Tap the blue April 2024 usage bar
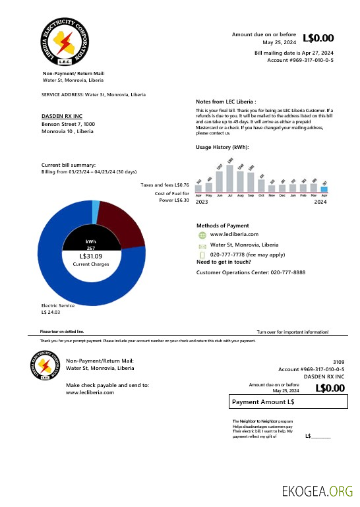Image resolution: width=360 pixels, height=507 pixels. click(x=324, y=189)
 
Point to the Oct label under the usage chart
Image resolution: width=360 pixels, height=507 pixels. click(x=261, y=196)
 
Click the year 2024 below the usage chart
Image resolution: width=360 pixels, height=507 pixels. click(x=320, y=202)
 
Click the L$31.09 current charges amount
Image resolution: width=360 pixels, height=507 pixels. click(x=91, y=256)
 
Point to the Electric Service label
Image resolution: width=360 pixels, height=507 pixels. click(x=58, y=305)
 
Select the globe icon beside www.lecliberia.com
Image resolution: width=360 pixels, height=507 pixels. click(x=202, y=235)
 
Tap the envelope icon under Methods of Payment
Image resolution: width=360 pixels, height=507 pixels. click(x=202, y=245)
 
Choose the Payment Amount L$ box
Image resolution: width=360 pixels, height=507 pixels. click(x=287, y=402)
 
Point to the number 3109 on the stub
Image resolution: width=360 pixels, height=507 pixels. click(x=338, y=362)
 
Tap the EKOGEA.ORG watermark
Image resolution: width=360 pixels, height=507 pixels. click(x=317, y=491)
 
